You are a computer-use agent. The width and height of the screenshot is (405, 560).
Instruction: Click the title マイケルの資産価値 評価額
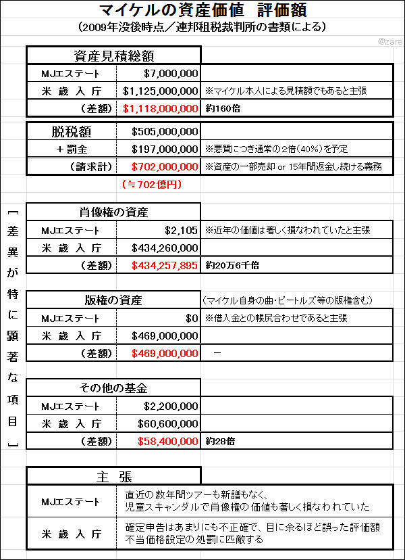[202, 11]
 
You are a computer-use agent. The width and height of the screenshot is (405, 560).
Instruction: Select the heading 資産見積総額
[113, 56]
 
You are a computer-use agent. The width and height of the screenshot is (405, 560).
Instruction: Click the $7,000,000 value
[170, 73]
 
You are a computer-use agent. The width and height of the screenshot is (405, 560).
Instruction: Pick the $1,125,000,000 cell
[161, 91]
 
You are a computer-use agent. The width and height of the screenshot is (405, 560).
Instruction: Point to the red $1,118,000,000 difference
[161, 108]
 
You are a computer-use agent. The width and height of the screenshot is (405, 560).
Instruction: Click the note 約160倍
[219, 108]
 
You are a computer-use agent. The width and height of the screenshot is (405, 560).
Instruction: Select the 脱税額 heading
[72, 131]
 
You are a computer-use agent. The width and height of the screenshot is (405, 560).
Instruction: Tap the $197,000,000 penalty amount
[165, 149]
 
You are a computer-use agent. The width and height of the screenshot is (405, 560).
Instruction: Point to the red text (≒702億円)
[151, 183]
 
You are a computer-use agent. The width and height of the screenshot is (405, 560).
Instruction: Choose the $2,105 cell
[182, 230]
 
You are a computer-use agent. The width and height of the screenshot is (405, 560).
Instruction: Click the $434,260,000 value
[165, 248]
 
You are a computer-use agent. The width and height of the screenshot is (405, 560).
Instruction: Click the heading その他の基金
[113, 388]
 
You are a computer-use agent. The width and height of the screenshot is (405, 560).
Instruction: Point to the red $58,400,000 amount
[168, 441]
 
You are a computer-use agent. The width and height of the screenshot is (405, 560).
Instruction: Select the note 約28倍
[217, 441]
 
